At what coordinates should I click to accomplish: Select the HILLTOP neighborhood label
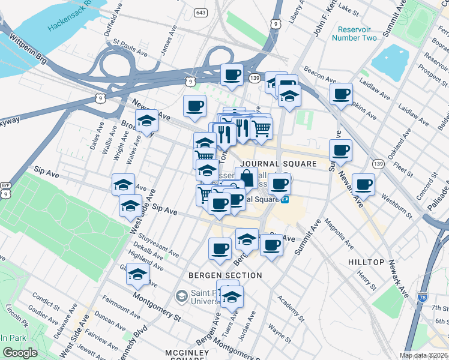click(x=366, y=263)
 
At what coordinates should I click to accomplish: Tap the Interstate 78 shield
click(x=422, y=295)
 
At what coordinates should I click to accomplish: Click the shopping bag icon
click(x=246, y=178)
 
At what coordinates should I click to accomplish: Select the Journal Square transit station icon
click(x=285, y=199)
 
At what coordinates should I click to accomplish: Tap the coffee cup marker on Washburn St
click(x=363, y=184)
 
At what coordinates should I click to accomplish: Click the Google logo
click(x=20, y=353)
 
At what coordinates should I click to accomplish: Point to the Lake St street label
click(x=349, y=10)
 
